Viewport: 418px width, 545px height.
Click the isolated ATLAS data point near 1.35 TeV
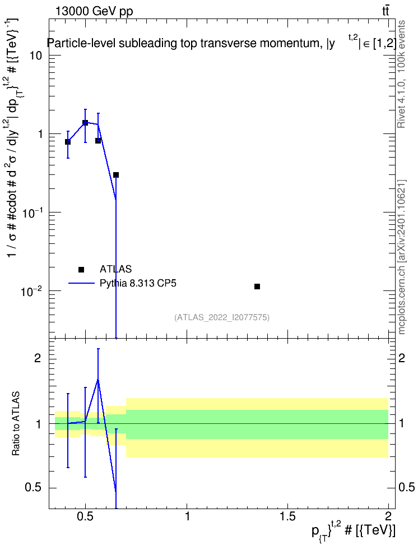click(257, 287)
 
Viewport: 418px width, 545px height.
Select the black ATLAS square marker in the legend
click(81, 269)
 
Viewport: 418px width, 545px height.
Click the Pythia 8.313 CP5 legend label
click(138, 283)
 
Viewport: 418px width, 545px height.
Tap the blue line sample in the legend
click(82, 283)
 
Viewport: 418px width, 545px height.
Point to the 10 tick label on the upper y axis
click(35, 56)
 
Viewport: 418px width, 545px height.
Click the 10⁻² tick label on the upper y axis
click(31, 290)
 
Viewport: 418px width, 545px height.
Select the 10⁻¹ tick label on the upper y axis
click(31, 213)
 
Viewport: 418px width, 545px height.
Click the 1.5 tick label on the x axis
click(287, 516)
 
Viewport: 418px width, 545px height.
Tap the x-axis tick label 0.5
click(86, 516)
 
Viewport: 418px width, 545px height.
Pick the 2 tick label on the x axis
click(388, 516)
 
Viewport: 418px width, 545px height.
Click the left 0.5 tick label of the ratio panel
click(33, 487)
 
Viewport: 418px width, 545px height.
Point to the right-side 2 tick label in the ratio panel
click(402, 358)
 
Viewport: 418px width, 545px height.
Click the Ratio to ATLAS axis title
click(16, 424)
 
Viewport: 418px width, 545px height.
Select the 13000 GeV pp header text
click(94, 11)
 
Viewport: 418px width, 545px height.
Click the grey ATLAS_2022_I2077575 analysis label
click(222, 317)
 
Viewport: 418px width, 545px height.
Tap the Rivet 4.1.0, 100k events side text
click(401, 74)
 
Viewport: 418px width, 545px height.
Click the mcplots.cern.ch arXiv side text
click(402, 257)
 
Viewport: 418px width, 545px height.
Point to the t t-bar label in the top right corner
click(386, 11)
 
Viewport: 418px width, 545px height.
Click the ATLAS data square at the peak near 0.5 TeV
click(85, 122)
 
